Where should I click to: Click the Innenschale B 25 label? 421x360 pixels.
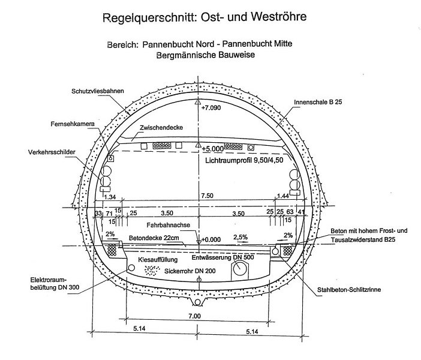(x=318, y=103)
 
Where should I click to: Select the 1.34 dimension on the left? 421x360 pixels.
(x=110, y=197)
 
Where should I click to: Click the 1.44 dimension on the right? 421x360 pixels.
(x=282, y=196)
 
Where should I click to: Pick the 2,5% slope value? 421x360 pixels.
(x=240, y=237)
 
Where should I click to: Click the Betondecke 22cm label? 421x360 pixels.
(x=149, y=237)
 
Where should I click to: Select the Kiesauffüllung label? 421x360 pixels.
(x=159, y=260)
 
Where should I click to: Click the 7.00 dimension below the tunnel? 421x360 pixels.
(x=194, y=316)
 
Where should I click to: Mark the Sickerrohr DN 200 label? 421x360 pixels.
(x=190, y=271)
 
